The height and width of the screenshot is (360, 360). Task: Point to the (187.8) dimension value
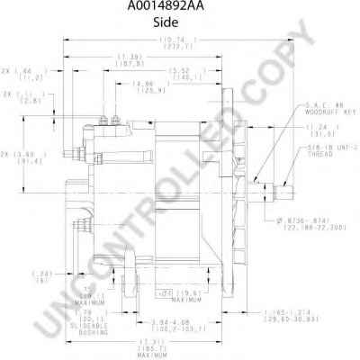(x=133, y=64)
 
